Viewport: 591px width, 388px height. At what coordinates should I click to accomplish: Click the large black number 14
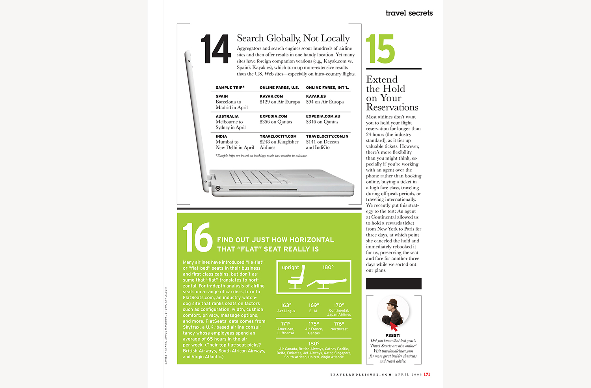216,49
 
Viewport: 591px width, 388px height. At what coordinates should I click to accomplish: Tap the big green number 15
380,49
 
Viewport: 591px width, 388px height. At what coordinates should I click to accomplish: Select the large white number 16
197,237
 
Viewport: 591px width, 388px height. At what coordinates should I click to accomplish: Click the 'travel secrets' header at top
409,13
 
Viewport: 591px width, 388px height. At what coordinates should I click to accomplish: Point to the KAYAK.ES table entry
316,96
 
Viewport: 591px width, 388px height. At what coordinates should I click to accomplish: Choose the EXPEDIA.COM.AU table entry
323,116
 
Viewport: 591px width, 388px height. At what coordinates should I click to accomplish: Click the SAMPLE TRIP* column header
230,88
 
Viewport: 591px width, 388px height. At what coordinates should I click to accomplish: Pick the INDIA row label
221,136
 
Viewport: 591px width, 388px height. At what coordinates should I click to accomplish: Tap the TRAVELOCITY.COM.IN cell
327,136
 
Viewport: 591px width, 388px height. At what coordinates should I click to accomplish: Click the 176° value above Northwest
339,324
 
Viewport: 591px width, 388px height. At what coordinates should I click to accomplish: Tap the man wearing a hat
393,310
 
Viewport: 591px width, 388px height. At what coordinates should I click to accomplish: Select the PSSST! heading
393,336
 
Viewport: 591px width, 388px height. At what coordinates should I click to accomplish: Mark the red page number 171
427,374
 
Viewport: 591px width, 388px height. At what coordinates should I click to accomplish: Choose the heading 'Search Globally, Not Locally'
293,38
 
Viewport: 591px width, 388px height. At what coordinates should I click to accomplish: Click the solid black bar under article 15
394,284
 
